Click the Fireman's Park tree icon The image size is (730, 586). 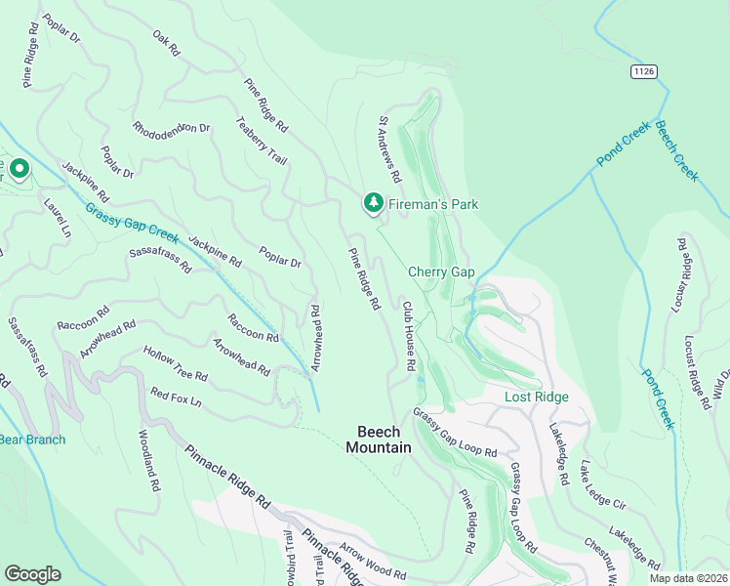pos(372,203)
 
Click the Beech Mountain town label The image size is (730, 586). pos(378,439)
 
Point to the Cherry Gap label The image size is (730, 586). pos(440,272)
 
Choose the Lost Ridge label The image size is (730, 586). pos(536,397)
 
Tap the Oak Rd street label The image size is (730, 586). pos(167,41)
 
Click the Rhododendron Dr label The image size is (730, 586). pos(172,128)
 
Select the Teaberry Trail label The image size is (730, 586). pos(261,141)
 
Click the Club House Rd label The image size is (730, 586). pos(410,335)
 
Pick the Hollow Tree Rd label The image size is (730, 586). pos(175,362)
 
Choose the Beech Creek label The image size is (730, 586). pos(676,150)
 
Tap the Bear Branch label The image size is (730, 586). pos(32,439)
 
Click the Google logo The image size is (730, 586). pos(32,574)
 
